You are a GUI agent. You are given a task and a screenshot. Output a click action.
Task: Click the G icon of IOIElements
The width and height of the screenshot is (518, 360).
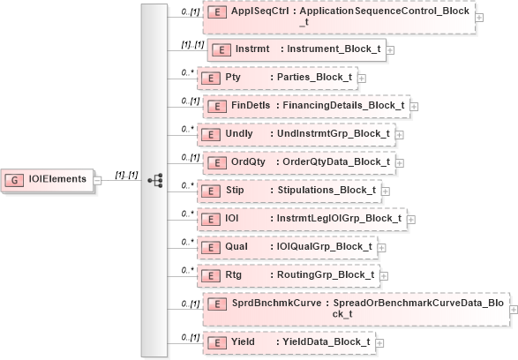(16, 179)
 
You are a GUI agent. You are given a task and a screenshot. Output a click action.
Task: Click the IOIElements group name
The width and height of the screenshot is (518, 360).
(57, 179)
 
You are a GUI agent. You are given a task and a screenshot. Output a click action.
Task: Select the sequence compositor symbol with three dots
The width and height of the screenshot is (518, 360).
(155, 179)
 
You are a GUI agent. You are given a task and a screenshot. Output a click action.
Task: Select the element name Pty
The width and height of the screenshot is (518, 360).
(234, 78)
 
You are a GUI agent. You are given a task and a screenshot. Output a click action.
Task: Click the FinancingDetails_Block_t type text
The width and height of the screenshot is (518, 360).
(342, 106)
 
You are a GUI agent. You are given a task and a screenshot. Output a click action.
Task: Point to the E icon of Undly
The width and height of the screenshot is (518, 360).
(211, 134)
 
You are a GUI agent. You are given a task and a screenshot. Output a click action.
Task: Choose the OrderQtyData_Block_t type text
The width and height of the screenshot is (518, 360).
(334, 161)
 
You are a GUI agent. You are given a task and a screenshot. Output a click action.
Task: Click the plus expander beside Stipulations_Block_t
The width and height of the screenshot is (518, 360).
(386, 190)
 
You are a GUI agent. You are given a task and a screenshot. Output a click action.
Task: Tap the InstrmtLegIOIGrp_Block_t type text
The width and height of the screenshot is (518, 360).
(340, 218)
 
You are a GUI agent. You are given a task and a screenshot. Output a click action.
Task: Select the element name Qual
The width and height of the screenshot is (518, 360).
(236, 246)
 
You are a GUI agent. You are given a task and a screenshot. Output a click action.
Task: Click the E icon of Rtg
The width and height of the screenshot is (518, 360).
(211, 274)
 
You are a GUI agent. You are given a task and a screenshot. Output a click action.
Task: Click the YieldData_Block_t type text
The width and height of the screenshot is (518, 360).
(325, 341)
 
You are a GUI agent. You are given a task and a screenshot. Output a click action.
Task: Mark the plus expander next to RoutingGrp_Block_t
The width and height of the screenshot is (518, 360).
(382, 274)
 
